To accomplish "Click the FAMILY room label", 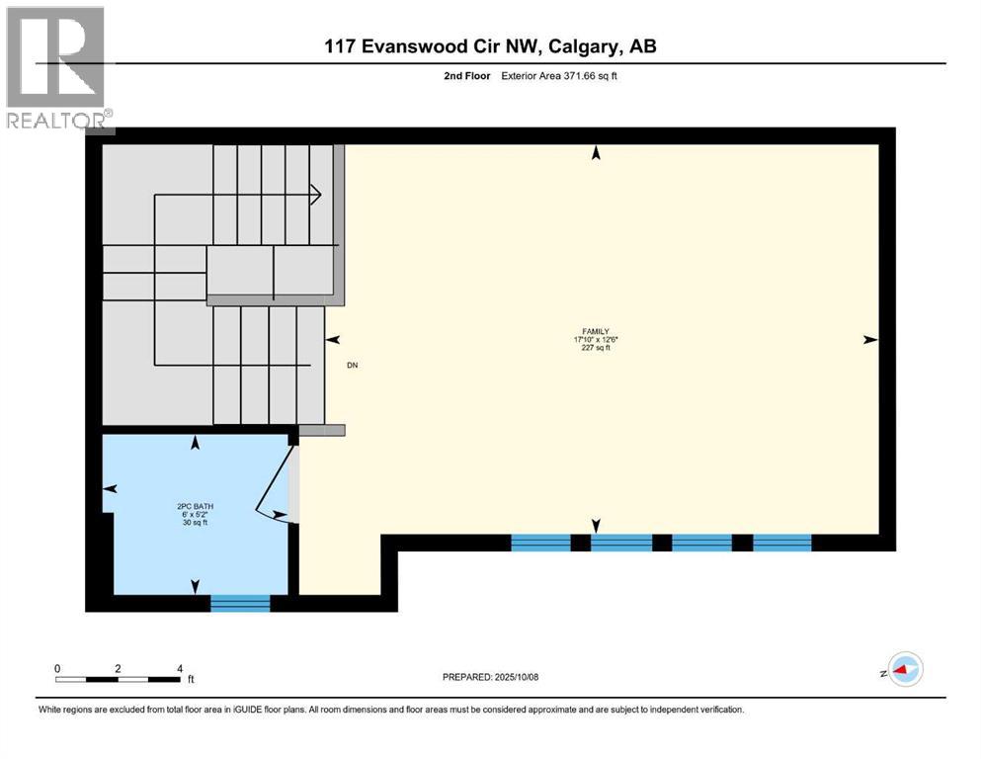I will (x=595, y=332).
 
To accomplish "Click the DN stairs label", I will (x=352, y=365).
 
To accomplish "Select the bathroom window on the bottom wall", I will (x=240, y=602).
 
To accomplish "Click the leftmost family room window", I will (x=540, y=542).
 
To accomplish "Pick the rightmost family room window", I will (x=782, y=542).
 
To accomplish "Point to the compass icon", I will (x=905, y=669).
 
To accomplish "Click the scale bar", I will (x=118, y=679).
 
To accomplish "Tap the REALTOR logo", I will (x=56, y=69).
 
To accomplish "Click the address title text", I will (x=491, y=46).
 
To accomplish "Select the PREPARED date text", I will (x=490, y=677).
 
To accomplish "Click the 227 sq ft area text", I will (x=595, y=348).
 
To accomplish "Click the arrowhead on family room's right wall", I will (x=870, y=340).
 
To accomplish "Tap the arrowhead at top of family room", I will (x=596, y=152).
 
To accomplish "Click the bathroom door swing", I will (x=274, y=484).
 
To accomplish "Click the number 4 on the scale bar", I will (x=179, y=668).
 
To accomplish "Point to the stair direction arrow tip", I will (x=320, y=195).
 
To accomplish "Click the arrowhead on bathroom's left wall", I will (x=110, y=488).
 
